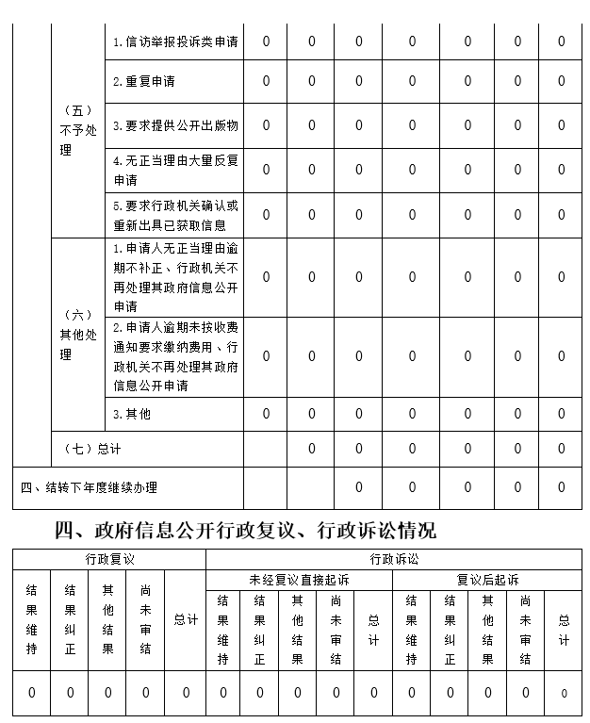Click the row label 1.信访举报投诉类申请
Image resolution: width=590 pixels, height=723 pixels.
point(175,41)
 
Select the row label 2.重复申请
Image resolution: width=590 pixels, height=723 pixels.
point(144,81)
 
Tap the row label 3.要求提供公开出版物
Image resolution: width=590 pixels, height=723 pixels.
point(175,125)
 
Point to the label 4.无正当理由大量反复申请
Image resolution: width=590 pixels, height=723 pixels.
point(175,170)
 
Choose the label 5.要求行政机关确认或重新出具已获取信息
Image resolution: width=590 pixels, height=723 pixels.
point(175,215)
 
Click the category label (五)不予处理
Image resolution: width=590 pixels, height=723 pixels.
point(78,130)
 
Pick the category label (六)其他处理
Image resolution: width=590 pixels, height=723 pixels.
point(78,335)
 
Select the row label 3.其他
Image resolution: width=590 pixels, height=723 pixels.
point(132,413)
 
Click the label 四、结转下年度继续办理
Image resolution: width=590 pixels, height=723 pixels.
point(90,487)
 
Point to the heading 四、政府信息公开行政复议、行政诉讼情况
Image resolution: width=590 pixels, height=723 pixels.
point(245,530)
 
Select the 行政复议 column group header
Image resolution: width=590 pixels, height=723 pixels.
point(108,560)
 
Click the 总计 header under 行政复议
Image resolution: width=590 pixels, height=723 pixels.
point(186,619)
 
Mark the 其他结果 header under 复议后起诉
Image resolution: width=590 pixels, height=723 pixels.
point(487,629)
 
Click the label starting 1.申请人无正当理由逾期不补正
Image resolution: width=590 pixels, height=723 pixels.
point(175,278)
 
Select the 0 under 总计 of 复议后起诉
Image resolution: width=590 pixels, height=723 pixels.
point(564,694)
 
